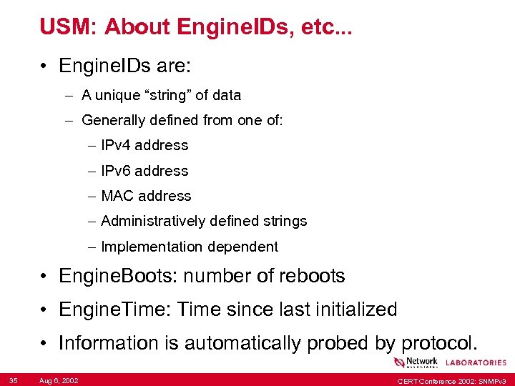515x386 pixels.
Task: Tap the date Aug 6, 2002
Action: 59,380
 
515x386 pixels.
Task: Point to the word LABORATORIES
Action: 476,362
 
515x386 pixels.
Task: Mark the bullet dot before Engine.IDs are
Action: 45,67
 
